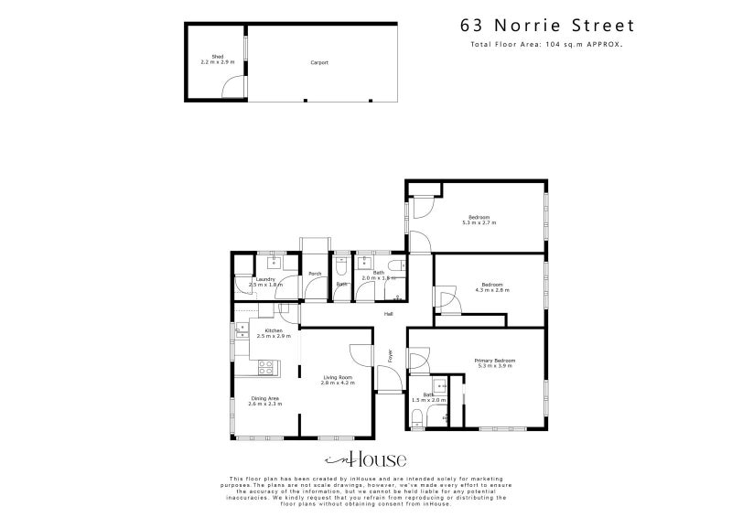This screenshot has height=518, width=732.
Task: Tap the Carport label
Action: click(318, 62)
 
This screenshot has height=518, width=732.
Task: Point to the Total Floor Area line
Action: click(546, 43)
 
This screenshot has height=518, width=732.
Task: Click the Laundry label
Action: click(265, 278)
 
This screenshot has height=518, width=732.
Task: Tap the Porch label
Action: click(314, 275)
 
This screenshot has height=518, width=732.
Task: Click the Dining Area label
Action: click(265, 398)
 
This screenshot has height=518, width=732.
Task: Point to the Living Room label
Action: click(336, 377)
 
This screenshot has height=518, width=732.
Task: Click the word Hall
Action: click(389, 314)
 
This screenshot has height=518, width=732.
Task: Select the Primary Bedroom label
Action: click(494, 361)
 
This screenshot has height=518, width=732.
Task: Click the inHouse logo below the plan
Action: click(366, 459)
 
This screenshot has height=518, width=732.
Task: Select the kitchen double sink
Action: click(242, 330)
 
